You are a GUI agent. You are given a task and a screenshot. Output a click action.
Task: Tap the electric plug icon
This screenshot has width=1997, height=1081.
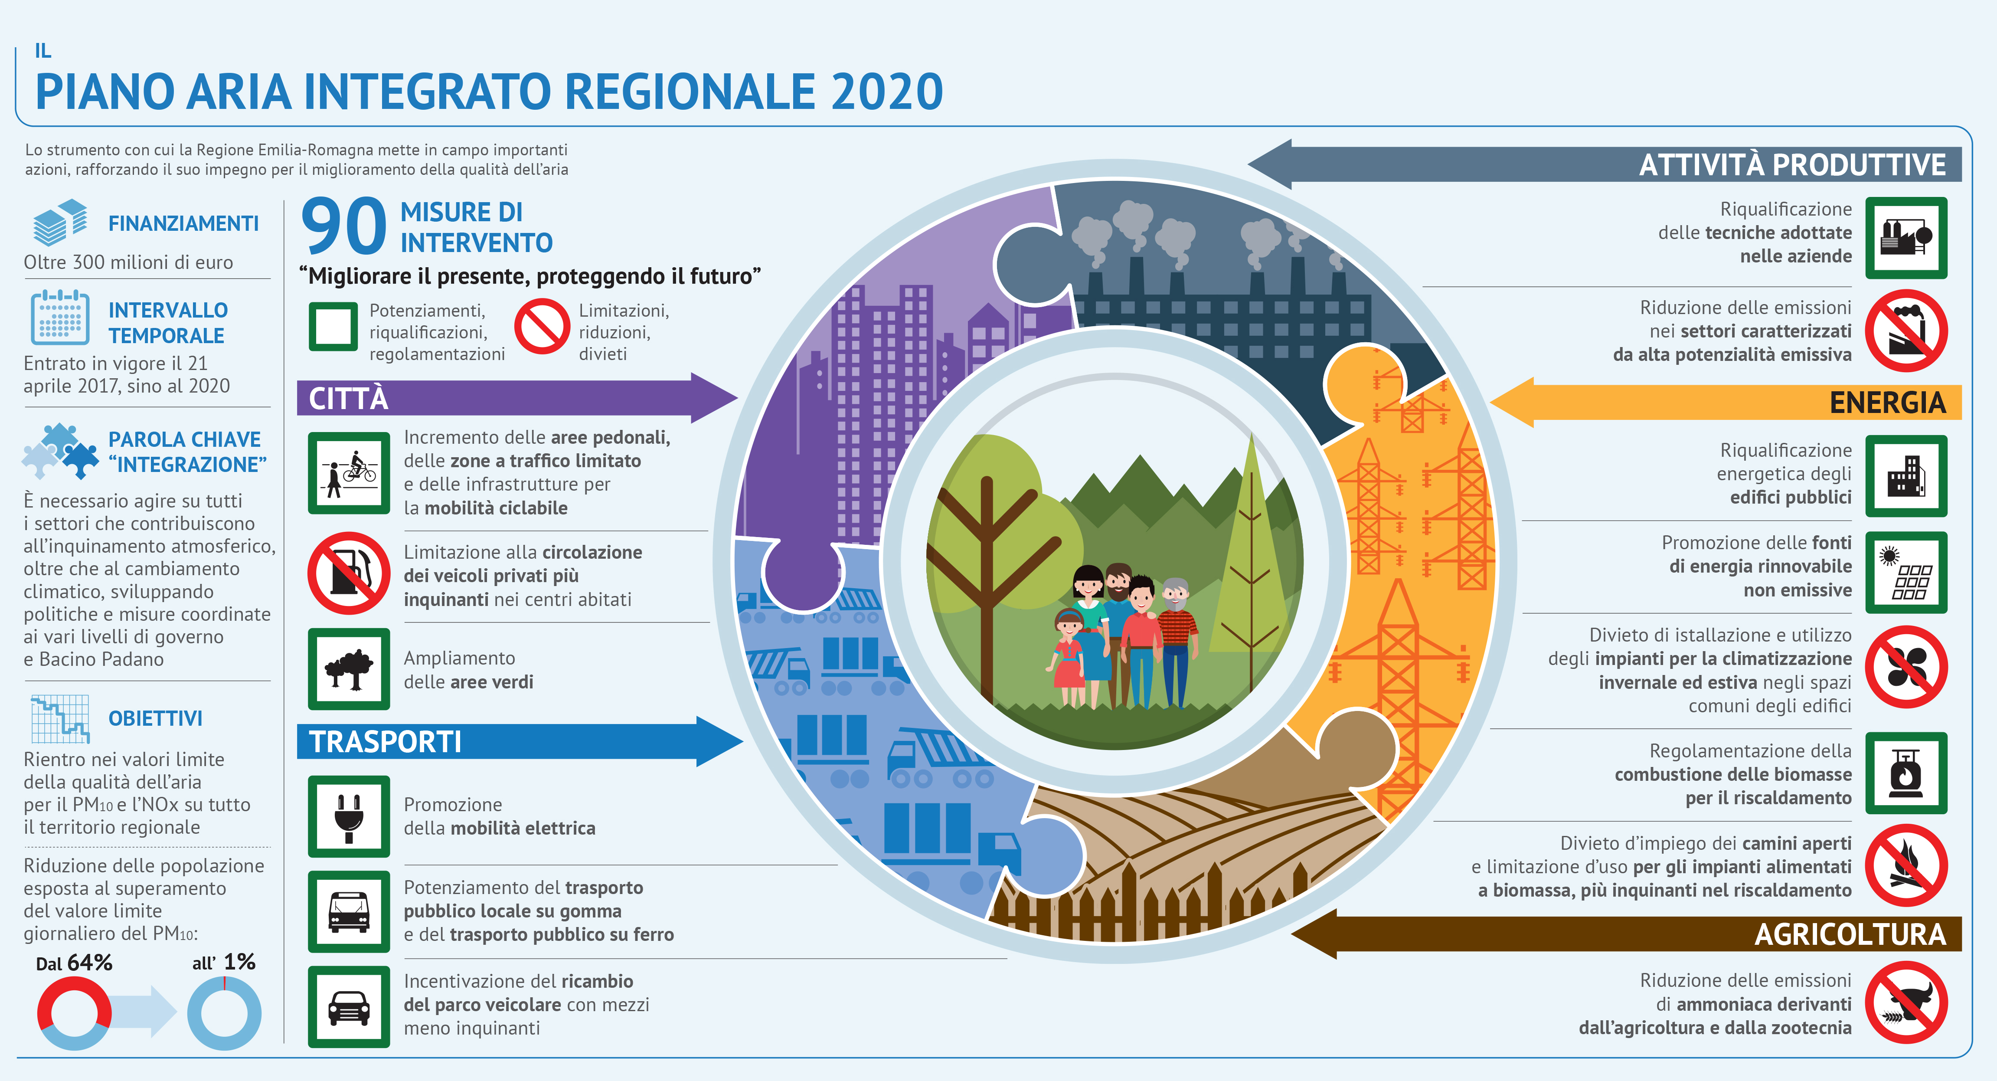(349, 816)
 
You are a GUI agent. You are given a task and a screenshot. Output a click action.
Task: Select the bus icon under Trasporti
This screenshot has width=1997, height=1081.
(349, 911)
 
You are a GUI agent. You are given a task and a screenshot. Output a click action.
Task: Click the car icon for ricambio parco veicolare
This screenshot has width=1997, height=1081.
(349, 1006)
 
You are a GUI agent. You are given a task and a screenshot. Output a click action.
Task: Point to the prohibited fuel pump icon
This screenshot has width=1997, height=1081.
(349, 573)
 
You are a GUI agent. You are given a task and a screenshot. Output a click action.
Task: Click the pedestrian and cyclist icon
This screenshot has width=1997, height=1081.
(349, 473)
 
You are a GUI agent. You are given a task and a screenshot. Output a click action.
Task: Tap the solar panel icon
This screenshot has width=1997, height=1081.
(1906, 572)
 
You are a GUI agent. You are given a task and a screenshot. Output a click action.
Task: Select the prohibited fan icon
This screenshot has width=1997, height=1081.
(1906, 667)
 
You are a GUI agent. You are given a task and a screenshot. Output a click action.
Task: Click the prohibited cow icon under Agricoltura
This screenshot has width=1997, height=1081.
(1906, 1002)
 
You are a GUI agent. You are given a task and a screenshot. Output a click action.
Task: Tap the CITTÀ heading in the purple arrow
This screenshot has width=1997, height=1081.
(349, 398)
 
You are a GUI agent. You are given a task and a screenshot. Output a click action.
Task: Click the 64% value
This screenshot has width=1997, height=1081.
(90, 962)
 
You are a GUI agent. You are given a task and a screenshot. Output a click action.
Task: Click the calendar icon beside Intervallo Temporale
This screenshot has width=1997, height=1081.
(60, 317)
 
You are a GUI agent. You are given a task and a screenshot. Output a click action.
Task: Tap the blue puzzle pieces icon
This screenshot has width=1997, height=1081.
(60, 451)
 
